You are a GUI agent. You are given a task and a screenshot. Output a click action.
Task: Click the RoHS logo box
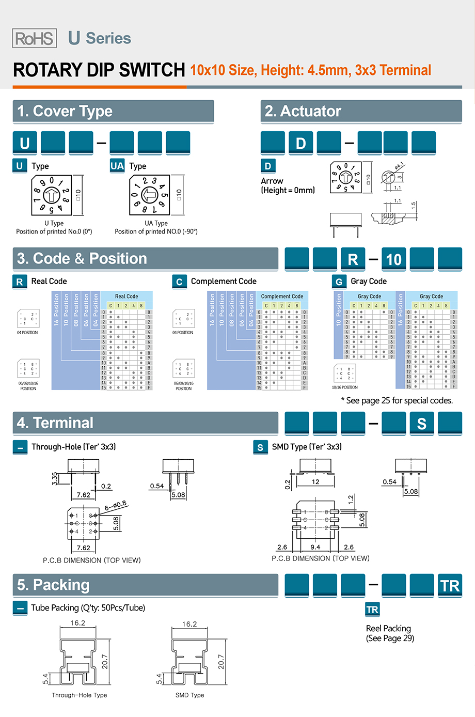pyautogui.click(x=34, y=38)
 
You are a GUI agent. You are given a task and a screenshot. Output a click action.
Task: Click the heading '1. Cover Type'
pyautogui.click(x=65, y=111)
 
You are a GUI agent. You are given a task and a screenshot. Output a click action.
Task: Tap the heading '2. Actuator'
pyautogui.click(x=303, y=111)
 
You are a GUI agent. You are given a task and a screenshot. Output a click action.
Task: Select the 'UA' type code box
pyautogui.click(x=117, y=166)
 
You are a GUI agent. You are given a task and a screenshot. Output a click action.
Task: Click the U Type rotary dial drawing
pyautogui.click(x=51, y=195)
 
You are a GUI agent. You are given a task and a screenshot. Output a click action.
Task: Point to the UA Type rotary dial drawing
pyautogui.click(x=149, y=195)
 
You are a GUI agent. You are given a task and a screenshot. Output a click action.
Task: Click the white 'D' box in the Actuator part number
pyautogui.click(x=301, y=143)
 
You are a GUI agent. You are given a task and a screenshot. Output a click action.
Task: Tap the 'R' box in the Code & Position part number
pyautogui.click(x=353, y=259)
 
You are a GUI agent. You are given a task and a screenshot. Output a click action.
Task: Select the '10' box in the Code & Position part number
pyautogui.click(x=394, y=259)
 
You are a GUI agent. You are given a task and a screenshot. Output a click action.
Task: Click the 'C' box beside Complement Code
pyautogui.click(x=179, y=282)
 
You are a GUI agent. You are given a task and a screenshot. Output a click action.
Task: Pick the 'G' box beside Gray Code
pyautogui.click(x=339, y=282)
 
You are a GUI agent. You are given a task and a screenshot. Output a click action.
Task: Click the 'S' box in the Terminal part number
pyautogui.click(x=422, y=424)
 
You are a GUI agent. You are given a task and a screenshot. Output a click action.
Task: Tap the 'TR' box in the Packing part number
pyautogui.click(x=450, y=586)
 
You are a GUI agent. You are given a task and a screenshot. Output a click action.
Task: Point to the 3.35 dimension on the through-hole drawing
pyautogui.click(x=55, y=478)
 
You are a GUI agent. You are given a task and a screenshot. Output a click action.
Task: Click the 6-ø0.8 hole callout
pyautogui.click(x=116, y=506)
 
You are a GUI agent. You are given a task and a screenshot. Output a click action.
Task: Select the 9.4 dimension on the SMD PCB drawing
pyautogui.click(x=315, y=547)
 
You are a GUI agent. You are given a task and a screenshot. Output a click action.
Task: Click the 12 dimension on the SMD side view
pyautogui.click(x=315, y=482)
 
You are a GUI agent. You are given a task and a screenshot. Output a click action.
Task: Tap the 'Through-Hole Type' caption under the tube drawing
pyautogui.click(x=80, y=695)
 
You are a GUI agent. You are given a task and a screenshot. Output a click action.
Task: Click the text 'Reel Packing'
pyautogui.click(x=388, y=628)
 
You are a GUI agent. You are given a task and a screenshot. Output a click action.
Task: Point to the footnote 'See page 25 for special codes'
pyautogui.click(x=397, y=400)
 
